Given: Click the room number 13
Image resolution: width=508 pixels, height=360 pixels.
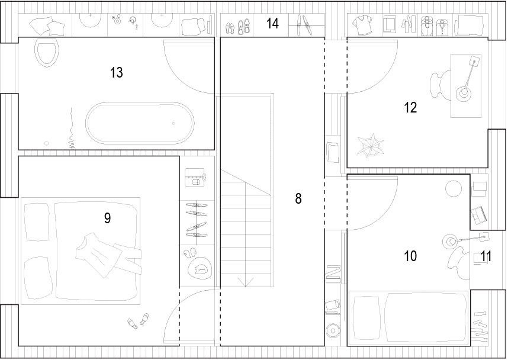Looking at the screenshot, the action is coord(116,73).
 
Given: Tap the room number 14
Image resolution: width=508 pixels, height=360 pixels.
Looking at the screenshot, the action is coord(272,23).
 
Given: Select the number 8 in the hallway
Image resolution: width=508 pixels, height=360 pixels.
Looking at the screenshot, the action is coord(298,198).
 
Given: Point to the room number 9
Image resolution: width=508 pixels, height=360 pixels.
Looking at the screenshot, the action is coord(108,218).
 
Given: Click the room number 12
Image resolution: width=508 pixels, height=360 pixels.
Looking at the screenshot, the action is coord(410,108).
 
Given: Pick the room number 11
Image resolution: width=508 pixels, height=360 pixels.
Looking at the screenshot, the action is coord(486,256).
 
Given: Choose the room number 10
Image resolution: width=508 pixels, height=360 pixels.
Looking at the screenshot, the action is coord(410,256).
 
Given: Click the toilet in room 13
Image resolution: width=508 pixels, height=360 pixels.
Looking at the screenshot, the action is coord(47,53).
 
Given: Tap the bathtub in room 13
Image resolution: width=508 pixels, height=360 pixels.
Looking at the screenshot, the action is coord(140,123).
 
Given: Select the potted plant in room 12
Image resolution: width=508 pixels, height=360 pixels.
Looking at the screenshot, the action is coord(370,146).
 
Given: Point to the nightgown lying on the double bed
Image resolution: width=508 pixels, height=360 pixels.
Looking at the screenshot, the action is coord(107,255).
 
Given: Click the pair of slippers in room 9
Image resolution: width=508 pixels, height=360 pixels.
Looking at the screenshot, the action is coord(138,321).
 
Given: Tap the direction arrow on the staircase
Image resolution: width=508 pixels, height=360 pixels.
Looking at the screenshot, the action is coord(246,282).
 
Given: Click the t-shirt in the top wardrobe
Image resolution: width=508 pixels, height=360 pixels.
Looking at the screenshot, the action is coord(362,25).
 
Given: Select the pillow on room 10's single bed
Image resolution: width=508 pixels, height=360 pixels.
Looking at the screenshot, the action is coord(366,318).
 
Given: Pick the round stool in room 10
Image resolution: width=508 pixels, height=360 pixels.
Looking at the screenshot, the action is coord(454,189).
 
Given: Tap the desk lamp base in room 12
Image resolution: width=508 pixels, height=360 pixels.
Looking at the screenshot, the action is coord(464,94).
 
